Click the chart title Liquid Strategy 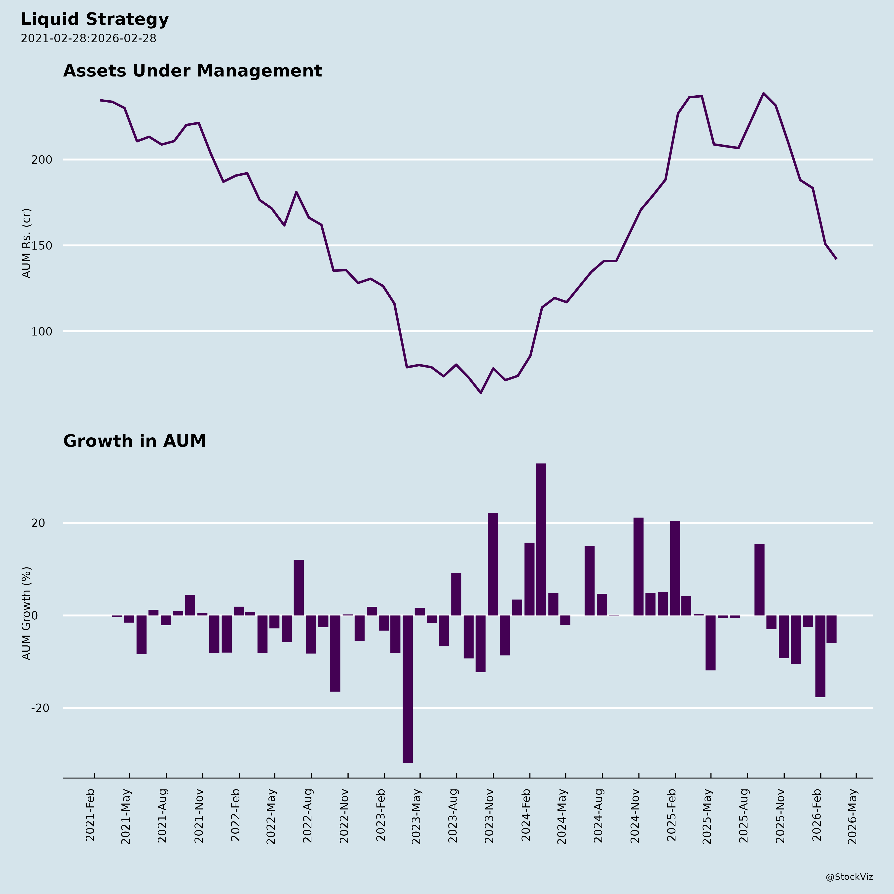(95, 19)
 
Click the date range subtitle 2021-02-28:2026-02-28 (88, 38)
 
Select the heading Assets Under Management (192, 71)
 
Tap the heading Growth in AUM (134, 441)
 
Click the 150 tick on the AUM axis (42, 246)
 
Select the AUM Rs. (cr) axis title (27, 243)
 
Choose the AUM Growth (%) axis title (27, 613)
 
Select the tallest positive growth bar (541, 539)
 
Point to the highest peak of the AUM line (764, 93)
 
